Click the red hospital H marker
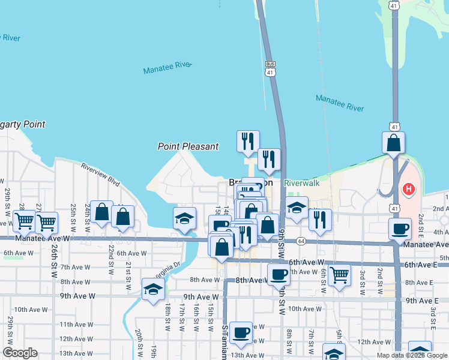(409, 190)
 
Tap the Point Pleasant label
(188, 146)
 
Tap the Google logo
(19, 353)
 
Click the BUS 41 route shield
(271, 68)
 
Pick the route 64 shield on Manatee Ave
(301, 241)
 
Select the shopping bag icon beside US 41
(393, 143)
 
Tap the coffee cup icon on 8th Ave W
(278, 274)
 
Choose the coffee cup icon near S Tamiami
(241, 332)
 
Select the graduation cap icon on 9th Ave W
(153, 289)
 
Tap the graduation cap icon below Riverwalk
(297, 208)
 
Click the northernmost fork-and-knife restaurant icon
(248, 141)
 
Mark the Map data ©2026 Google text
(412, 355)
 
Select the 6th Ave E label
(418, 265)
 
